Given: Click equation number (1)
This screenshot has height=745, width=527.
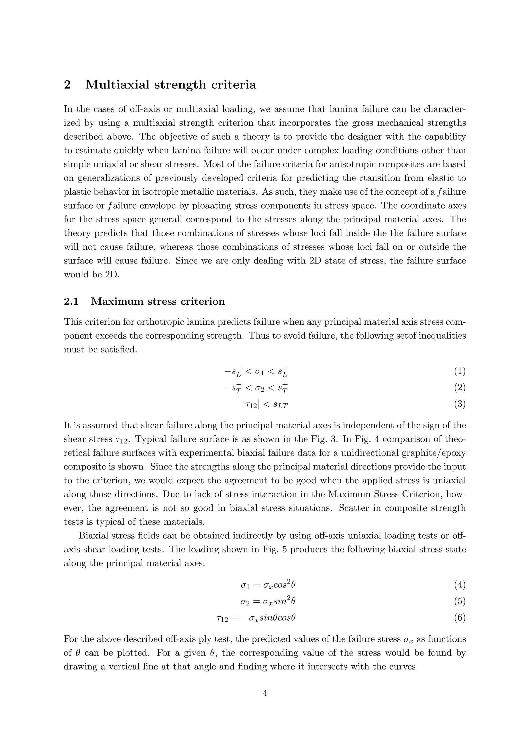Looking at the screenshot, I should tap(460, 371).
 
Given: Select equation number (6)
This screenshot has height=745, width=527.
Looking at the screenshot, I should tap(460, 617).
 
